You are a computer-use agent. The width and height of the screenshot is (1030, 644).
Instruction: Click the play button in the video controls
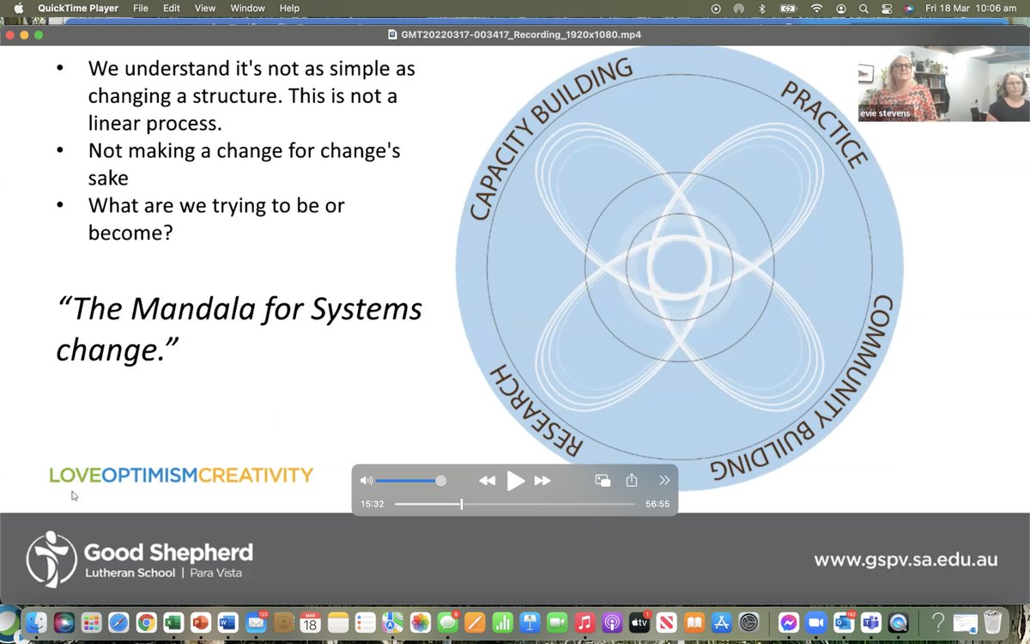click(516, 481)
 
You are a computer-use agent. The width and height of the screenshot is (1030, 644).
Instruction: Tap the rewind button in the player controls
click(487, 481)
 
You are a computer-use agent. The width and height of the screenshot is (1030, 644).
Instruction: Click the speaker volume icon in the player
click(367, 481)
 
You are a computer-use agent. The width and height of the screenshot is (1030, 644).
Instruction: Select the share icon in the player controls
click(633, 481)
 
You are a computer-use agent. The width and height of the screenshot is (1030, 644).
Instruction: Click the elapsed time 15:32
click(372, 504)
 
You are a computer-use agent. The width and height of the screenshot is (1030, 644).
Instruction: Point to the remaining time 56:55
click(657, 504)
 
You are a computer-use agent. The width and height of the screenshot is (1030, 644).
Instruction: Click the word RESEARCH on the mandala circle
click(536, 410)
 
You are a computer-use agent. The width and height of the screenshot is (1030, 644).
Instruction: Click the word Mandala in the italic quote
click(197, 308)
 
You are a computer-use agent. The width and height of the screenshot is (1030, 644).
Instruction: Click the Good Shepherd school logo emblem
click(51, 559)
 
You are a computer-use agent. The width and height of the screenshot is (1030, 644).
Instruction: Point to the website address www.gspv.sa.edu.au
click(906, 560)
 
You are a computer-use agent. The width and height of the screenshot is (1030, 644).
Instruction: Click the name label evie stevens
click(886, 113)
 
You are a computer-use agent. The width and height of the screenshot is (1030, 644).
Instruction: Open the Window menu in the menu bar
click(248, 9)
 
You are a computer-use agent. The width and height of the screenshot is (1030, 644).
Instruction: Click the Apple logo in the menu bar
click(18, 9)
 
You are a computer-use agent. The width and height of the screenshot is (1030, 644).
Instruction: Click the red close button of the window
click(10, 35)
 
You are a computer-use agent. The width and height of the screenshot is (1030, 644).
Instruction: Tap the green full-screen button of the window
click(38, 35)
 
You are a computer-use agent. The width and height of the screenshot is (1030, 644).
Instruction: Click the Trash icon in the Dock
click(993, 623)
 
